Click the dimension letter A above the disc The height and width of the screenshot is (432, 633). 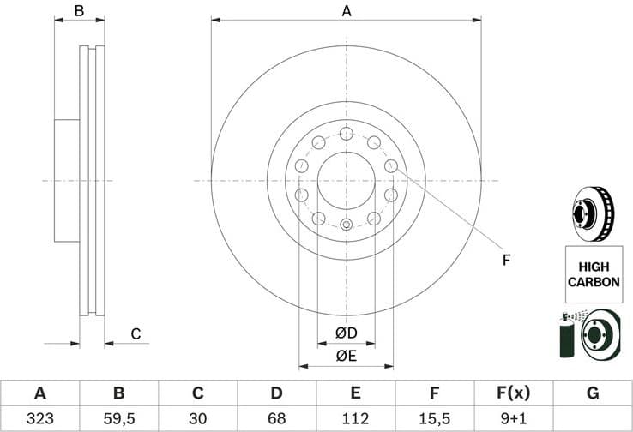(347, 11)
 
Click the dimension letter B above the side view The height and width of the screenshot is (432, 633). (79, 11)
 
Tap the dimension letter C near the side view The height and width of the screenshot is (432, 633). (136, 334)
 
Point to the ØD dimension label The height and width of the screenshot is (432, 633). (346, 333)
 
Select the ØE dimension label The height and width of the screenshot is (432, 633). (346, 356)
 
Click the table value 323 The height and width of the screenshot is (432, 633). (39, 419)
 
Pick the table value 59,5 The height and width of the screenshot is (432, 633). (118, 419)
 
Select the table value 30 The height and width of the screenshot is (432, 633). (197, 419)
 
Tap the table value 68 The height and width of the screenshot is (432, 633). (276, 419)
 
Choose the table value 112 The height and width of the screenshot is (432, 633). (355, 419)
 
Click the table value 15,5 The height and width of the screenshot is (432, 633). (434, 419)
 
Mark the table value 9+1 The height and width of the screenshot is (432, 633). (513, 419)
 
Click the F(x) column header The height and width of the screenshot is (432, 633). (513, 393)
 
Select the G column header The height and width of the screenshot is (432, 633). (592, 393)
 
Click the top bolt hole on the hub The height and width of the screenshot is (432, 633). (346, 134)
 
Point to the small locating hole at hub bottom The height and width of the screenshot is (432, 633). (346, 225)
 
